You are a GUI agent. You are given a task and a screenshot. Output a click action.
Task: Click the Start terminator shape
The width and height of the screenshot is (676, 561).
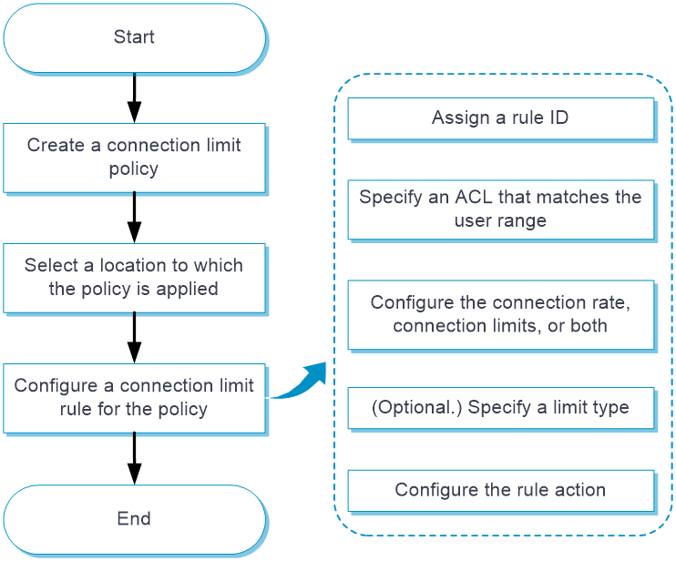(134, 37)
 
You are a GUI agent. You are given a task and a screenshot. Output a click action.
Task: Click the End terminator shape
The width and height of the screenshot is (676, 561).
(134, 519)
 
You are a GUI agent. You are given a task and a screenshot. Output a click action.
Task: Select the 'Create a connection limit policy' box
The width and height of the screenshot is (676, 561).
(134, 157)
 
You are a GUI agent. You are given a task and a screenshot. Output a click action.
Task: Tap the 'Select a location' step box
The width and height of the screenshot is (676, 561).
(134, 277)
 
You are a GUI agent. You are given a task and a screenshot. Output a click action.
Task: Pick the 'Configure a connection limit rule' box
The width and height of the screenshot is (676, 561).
(134, 397)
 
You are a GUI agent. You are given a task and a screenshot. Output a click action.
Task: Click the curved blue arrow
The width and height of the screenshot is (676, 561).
(299, 381)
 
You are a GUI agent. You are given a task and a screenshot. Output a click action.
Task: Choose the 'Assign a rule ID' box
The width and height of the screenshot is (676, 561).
(500, 117)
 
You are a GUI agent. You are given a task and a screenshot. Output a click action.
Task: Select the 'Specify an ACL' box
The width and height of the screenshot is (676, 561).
(500, 209)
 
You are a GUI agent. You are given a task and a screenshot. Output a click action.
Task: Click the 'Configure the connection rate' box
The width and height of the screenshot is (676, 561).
(500, 314)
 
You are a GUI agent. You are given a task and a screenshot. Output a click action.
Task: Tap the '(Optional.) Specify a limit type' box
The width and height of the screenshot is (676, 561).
(500, 407)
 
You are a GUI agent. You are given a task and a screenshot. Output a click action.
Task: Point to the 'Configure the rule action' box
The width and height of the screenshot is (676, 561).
(500, 490)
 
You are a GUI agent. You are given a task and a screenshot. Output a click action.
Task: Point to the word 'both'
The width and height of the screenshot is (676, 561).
(589, 325)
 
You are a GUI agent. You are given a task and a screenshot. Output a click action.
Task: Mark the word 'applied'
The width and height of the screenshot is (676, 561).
(187, 289)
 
